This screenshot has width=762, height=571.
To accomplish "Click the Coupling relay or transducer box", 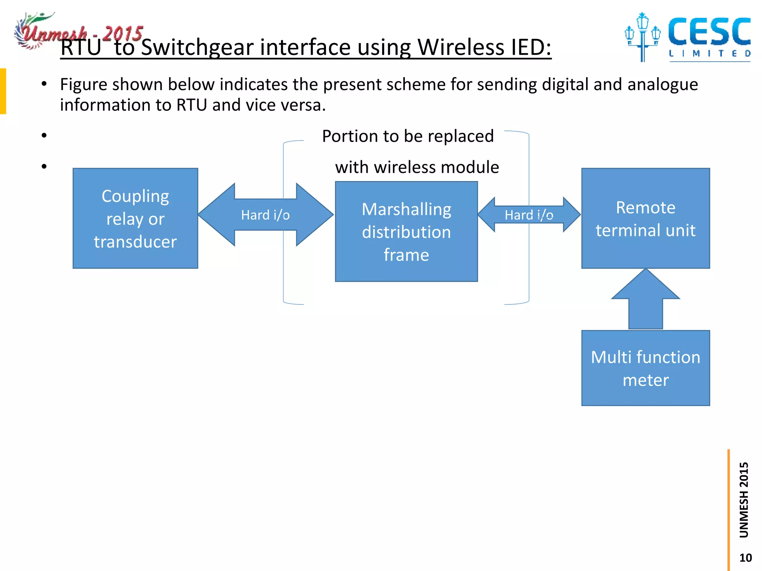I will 135,218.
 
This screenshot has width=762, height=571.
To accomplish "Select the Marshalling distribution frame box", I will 406,232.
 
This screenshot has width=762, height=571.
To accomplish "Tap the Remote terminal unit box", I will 646,218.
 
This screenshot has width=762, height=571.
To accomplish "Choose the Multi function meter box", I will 646,368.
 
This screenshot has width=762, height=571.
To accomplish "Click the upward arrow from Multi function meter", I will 646,301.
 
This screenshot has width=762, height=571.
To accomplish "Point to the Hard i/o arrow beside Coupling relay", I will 265,215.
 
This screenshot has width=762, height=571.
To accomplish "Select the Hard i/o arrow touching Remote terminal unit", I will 529,215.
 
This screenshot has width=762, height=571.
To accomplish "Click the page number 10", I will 745,558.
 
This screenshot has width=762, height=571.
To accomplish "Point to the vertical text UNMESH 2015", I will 743,500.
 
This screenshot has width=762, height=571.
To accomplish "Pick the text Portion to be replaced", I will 408,136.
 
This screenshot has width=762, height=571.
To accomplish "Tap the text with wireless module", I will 417,167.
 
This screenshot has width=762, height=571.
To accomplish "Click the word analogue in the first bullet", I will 662,85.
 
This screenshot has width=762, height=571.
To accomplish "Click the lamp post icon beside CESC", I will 642,37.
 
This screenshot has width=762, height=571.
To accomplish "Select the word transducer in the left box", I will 135,242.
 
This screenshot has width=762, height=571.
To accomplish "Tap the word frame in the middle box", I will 406,255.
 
